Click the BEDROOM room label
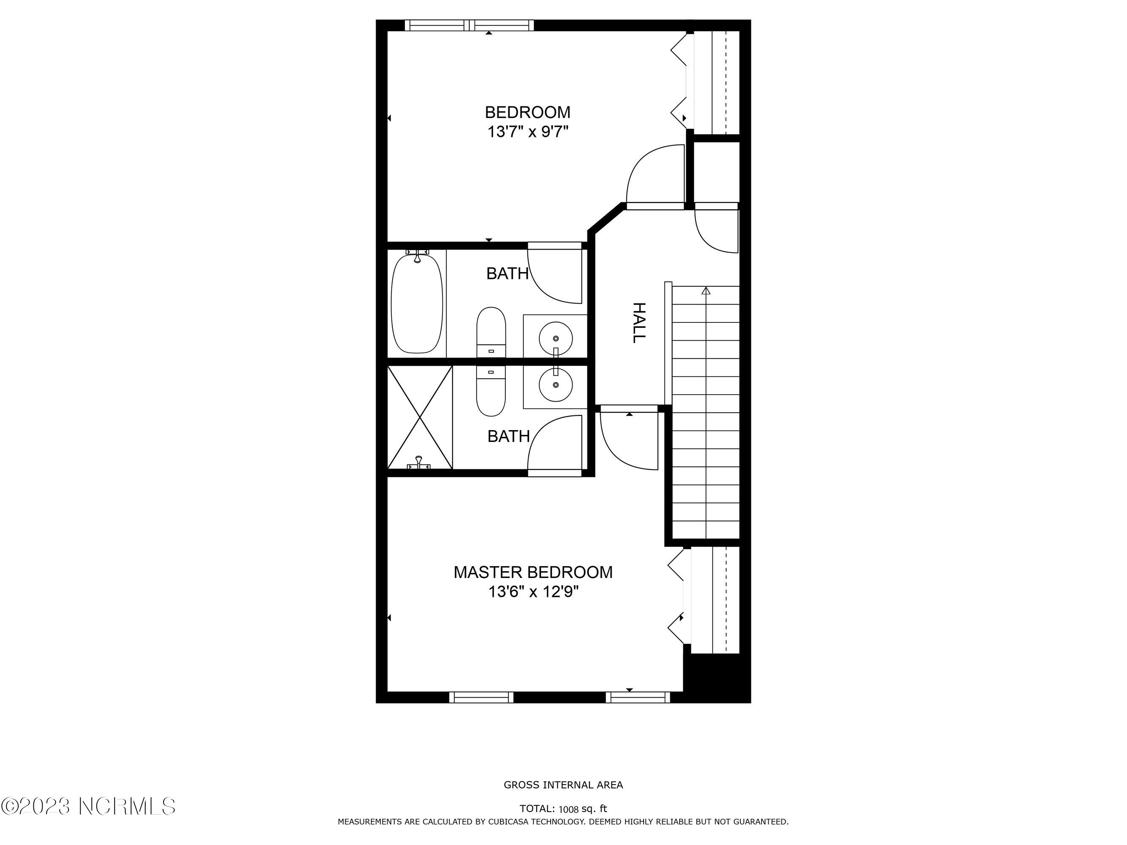coord(527,112)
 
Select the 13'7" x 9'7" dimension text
coord(527,132)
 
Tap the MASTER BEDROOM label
coord(533,572)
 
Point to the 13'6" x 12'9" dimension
coord(533,592)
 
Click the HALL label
coord(639,323)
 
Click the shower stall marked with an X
coord(420,417)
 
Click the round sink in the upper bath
coord(555,338)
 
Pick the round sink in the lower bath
coord(555,385)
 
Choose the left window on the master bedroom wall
coord(481,697)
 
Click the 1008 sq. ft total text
coord(583,809)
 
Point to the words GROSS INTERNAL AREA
coord(564,785)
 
